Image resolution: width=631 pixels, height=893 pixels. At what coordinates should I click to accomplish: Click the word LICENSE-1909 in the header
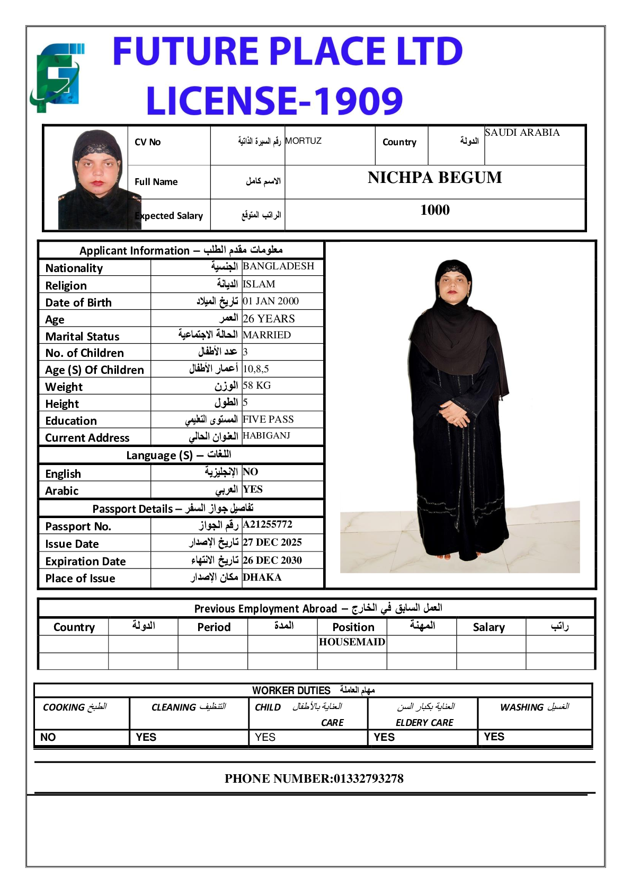point(274,101)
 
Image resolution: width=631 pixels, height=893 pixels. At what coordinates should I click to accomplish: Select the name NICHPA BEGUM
point(434,178)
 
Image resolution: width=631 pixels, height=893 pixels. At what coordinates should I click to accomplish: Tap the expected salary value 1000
point(434,210)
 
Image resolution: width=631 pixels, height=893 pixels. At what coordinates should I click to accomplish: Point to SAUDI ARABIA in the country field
point(522,133)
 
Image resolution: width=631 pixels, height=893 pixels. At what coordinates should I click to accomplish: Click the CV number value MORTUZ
point(303,141)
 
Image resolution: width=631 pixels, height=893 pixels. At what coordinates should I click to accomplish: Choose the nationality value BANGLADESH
point(278,266)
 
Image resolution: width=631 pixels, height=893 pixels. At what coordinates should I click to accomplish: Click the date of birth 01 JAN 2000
point(271,301)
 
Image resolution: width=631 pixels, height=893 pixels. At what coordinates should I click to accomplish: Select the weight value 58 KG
point(256,386)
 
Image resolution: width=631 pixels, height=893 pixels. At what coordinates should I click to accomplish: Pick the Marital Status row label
point(83,337)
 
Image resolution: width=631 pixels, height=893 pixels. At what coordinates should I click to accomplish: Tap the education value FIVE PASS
point(268,419)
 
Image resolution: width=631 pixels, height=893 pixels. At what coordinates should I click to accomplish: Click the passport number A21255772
point(268,524)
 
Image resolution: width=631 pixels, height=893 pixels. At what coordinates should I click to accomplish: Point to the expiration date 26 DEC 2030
point(272,560)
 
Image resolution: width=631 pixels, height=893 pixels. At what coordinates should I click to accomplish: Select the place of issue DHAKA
point(262,577)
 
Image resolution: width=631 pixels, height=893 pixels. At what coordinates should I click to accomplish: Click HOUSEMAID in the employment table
point(352,642)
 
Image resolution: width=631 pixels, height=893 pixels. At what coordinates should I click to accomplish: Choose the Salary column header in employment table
point(488,627)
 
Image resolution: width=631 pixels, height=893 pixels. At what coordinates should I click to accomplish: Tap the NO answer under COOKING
point(48,737)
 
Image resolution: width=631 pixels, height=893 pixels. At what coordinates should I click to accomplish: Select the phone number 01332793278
point(368,778)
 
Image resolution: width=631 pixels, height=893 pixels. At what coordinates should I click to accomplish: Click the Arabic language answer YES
point(253,489)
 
